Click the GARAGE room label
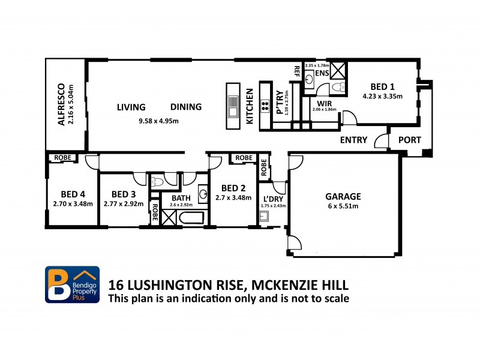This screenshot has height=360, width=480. (x=343, y=196)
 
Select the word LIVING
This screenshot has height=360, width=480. (x=131, y=107)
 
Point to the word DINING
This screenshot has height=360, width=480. (x=186, y=107)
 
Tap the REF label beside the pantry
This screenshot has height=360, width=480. (x=296, y=70)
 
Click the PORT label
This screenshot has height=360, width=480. (x=410, y=140)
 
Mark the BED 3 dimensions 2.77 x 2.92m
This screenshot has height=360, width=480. (x=122, y=203)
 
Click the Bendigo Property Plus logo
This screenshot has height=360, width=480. (x=72, y=284)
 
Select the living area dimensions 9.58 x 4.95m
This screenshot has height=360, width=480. (x=158, y=121)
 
